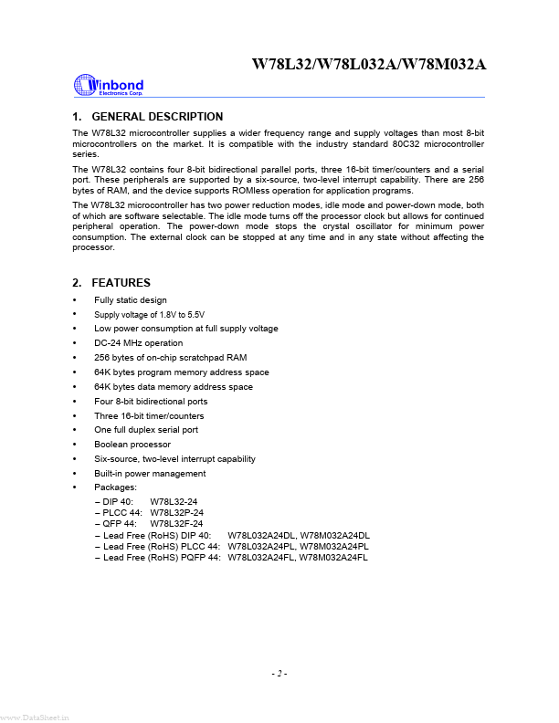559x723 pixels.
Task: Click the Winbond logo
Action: click(108, 86)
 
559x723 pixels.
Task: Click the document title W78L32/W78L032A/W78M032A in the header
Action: click(368, 65)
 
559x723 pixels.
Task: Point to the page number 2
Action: click(279, 674)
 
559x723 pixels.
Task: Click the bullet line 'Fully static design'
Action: click(130, 300)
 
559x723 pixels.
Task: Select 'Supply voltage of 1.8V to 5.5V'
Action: click(149, 314)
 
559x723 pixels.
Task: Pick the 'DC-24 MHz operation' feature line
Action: click(138, 343)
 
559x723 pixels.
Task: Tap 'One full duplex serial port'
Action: click(145, 429)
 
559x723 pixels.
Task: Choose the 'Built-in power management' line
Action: click(150, 473)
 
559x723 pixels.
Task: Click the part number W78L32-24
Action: click(174, 501)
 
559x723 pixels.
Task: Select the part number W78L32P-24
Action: click(176, 512)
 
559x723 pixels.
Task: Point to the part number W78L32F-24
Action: click(176, 523)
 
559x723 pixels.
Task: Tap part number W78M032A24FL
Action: click(333, 557)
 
